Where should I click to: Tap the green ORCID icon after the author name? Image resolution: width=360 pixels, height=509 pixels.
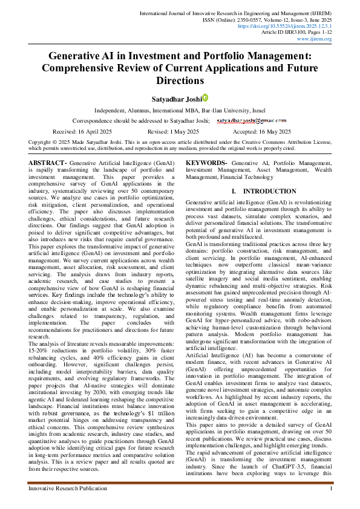point(205,97)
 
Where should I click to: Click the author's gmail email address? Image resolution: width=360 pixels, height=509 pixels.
point(252,120)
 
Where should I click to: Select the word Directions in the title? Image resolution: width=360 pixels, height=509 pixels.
point(180,80)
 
